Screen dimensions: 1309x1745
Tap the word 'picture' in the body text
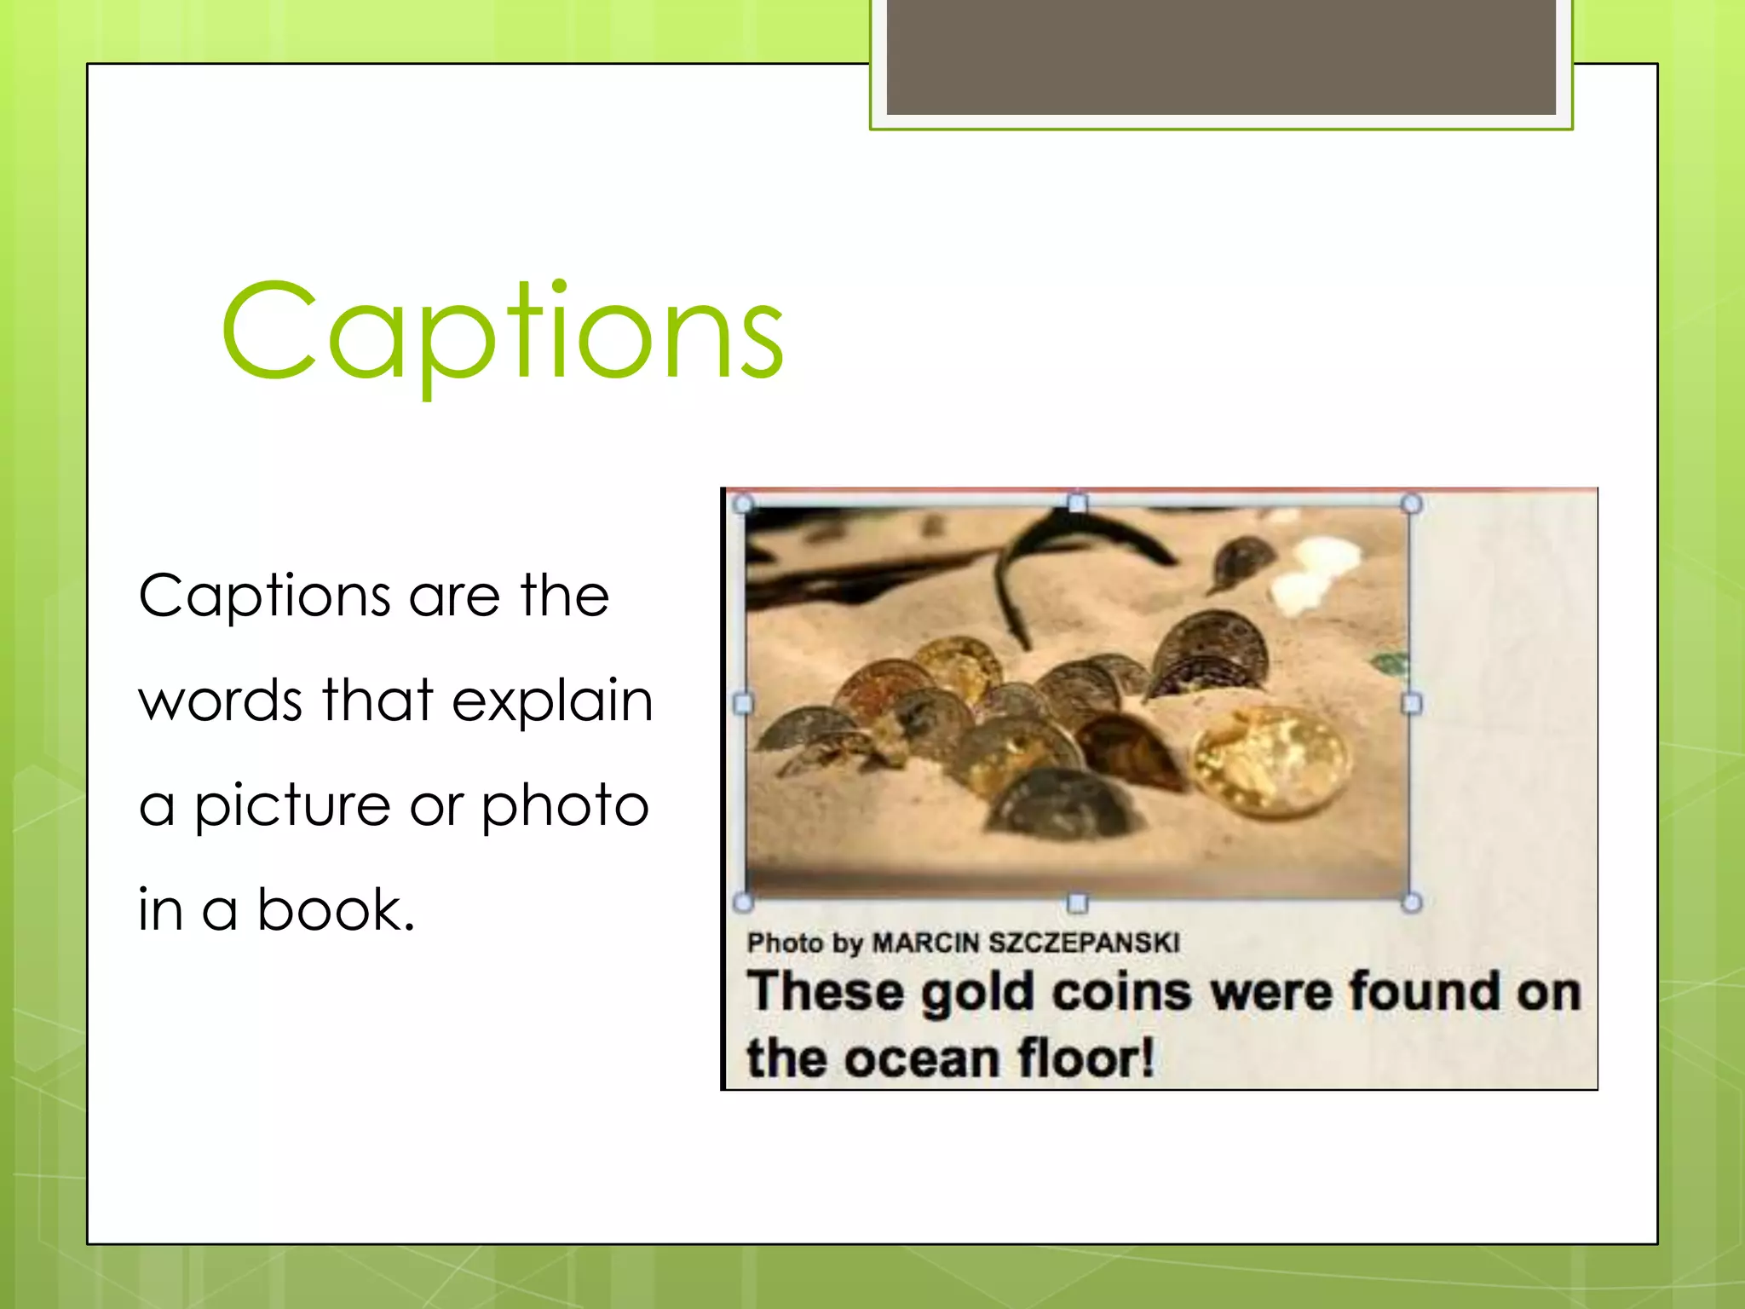[x=292, y=806]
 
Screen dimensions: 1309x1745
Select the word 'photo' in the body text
[x=565, y=806]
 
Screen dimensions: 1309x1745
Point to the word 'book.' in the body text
[x=336, y=909]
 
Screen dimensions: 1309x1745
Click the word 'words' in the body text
[x=220, y=701]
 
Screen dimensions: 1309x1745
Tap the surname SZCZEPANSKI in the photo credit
[x=1083, y=943]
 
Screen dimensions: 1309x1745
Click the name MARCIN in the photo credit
[x=926, y=943]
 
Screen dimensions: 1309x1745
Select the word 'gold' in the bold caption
[x=977, y=994]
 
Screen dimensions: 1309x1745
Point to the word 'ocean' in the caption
[x=923, y=1058]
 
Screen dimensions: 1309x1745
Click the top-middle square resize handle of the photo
[x=1077, y=503]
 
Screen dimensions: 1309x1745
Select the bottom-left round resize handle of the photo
[x=743, y=902]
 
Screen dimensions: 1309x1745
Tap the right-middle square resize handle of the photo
[x=1411, y=703]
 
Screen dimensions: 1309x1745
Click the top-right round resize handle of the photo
[x=1411, y=504]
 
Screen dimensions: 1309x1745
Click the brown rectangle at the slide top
[x=1221, y=56]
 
